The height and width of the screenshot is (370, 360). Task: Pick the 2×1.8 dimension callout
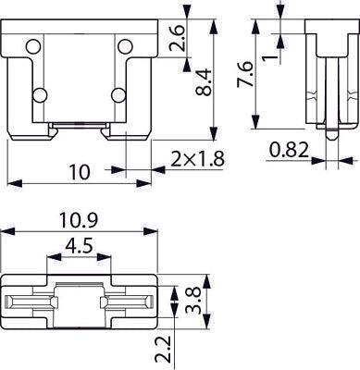pos(198,158)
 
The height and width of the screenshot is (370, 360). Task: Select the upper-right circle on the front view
pos(123,44)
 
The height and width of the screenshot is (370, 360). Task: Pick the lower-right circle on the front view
pos(118,94)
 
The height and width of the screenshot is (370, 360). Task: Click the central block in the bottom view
pos(79,303)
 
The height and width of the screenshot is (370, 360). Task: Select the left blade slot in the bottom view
pos(31,303)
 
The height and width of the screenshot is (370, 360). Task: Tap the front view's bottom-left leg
pos(28,134)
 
